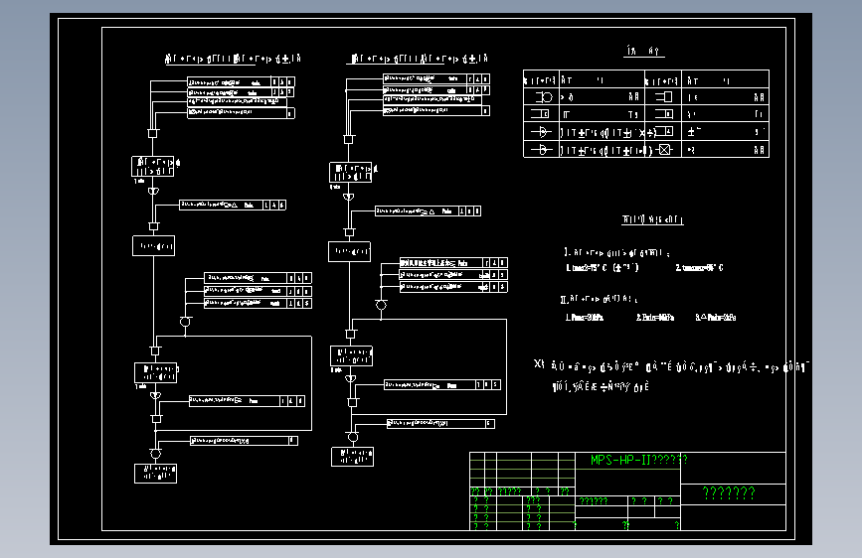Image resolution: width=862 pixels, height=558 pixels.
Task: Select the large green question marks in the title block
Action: click(x=728, y=493)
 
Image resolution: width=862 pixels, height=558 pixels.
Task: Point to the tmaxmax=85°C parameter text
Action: click(x=699, y=268)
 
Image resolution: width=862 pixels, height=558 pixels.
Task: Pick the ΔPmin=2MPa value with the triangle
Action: click(x=716, y=318)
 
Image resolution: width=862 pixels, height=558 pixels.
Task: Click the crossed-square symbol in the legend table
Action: click(x=664, y=150)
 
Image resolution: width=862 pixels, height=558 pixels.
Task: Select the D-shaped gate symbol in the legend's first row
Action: click(x=543, y=97)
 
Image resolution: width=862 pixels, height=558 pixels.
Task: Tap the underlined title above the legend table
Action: click(x=644, y=52)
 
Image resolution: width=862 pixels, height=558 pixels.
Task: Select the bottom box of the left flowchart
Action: click(x=155, y=473)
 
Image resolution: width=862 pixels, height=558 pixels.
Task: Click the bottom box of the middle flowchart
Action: click(x=352, y=456)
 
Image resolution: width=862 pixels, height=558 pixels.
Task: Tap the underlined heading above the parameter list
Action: click(x=652, y=219)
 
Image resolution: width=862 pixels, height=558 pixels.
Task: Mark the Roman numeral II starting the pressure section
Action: click(x=564, y=298)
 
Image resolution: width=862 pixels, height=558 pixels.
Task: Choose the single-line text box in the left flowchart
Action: click(x=154, y=245)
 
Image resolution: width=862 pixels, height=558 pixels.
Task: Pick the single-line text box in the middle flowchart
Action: click(x=350, y=251)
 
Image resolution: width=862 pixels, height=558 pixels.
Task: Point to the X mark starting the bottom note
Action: click(x=539, y=364)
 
